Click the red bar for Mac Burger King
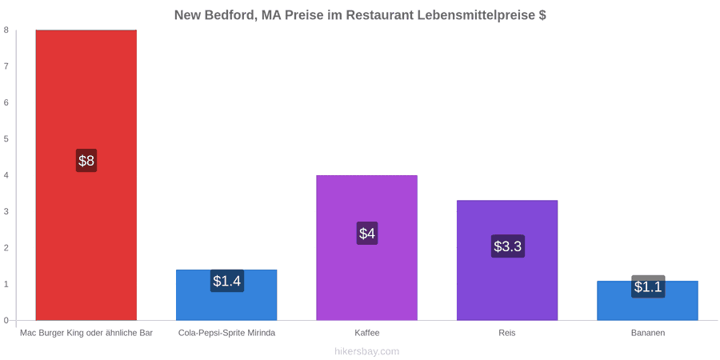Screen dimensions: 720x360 point(86,175)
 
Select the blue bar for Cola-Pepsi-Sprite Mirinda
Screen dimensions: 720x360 point(226,294)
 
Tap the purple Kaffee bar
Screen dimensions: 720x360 point(367,247)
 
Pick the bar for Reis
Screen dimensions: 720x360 point(507,260)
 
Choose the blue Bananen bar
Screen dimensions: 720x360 point(647,300)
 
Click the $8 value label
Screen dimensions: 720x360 point(86,161)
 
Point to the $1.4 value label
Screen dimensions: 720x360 point(227,281)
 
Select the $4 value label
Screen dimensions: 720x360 point(367,234)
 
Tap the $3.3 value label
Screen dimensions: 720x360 point(507,246)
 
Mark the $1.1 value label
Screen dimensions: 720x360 point(648,286)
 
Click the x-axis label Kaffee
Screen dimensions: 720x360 point(367,333)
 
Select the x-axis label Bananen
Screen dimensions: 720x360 point(647,333)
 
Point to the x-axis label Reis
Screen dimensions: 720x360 point(507,333)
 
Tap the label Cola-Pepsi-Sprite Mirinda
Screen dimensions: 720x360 point(227,333)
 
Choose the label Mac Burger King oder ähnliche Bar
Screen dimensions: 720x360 point(86,333)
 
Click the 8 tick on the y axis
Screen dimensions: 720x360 point(6,30)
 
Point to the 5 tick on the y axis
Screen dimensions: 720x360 point(6,138)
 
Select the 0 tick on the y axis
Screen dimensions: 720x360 point(6,321)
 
